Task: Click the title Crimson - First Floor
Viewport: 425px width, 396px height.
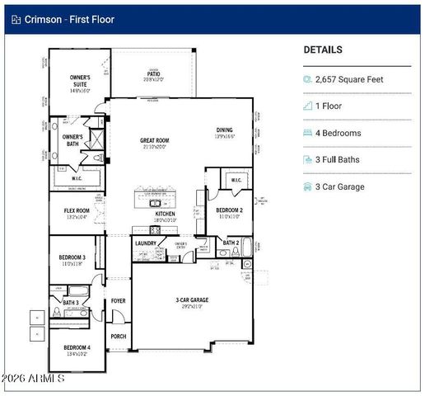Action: coord(69,19)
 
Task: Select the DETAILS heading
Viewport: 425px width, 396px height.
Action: coord(323,49)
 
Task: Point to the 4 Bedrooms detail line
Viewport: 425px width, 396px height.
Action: coord(339,133)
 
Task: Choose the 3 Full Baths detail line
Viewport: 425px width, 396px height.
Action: coord(338,159)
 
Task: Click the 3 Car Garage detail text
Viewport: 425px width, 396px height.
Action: coord(340,186)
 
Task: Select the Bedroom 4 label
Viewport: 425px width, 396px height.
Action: coord(77,349)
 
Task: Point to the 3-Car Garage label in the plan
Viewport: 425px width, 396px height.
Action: coord(193,301)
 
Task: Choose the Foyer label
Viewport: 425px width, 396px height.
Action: coord(118,301)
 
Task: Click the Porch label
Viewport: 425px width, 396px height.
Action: coord(118,337)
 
